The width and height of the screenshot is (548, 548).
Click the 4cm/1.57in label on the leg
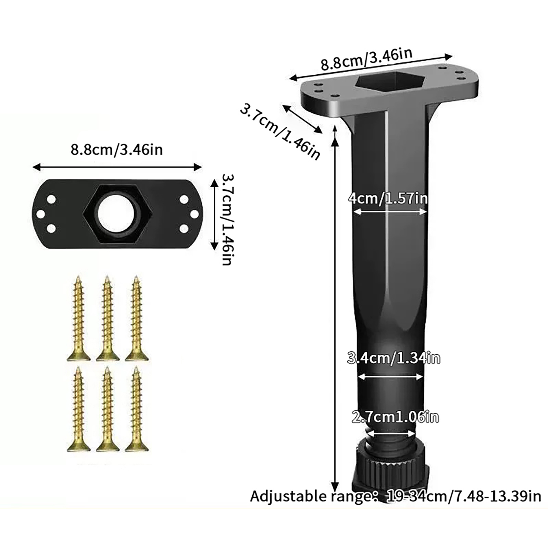[388, 199]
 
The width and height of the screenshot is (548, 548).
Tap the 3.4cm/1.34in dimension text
[394, 358]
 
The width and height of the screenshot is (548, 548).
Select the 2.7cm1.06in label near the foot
[395, 417]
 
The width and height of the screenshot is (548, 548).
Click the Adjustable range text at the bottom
[396, 496]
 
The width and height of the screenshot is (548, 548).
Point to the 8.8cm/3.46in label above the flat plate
[117, 150]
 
